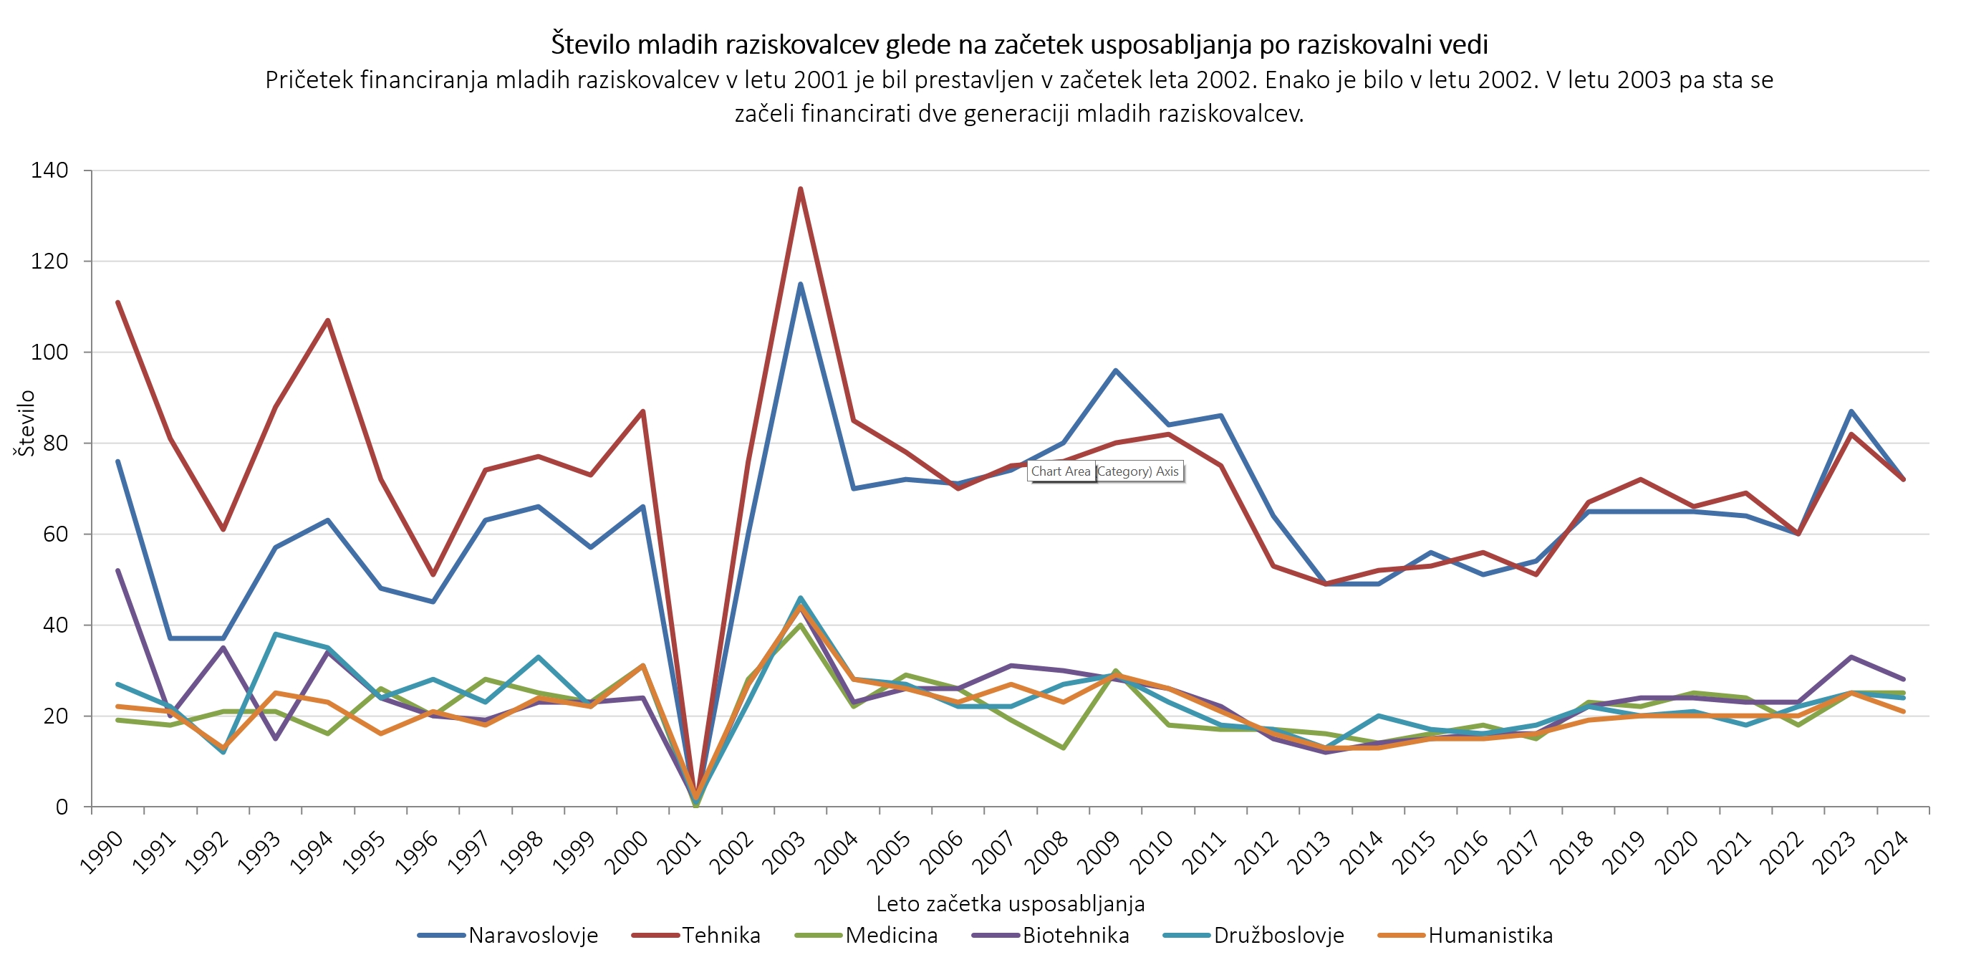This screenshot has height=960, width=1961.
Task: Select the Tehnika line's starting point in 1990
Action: point(118,302)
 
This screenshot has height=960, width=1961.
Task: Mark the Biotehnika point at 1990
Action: point(118,570)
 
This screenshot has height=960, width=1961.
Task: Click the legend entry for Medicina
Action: point(891,935)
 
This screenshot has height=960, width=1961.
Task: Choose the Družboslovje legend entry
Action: point(1278,935)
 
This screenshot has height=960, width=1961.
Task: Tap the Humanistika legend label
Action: point(1490,935)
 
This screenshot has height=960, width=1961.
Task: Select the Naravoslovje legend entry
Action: point(533,935)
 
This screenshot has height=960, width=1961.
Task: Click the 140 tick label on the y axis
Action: point(49,171)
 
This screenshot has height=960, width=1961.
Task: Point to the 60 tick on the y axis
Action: point(56,534)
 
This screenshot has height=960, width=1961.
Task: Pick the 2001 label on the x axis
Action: point(679,853)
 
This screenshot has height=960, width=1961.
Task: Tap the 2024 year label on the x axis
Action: point(1887,853)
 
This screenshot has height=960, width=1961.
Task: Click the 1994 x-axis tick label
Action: point(312,853)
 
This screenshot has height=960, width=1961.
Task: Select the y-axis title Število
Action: point(26,423)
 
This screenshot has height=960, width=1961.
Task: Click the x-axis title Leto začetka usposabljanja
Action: point(1010,903)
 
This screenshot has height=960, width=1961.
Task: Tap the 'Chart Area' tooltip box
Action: point(1061,471)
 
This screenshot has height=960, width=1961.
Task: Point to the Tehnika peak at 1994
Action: point(328,320)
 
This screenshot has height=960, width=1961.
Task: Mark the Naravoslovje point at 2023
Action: point(1851,411)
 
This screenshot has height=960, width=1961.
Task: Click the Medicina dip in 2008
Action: point(1063,748)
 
